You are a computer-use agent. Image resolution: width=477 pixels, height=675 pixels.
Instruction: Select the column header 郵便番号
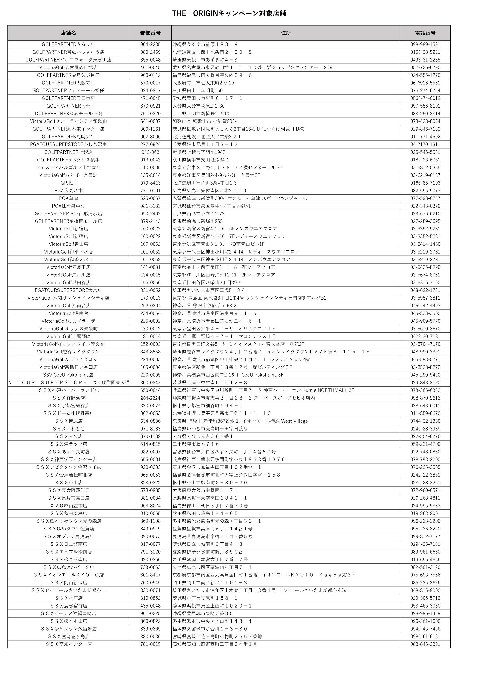(x=150, y=33)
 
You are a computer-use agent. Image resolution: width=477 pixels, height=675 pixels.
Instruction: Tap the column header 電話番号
(x=425, y=33)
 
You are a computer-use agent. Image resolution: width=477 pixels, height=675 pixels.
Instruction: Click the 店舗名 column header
(x=68, y=33)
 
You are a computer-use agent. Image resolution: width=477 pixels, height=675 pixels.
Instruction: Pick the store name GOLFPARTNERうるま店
(x=68, y=44)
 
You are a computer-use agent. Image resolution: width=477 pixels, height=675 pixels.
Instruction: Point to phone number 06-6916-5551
(x=425, y=83)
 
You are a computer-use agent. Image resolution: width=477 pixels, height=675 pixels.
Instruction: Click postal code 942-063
(x=150, y=152)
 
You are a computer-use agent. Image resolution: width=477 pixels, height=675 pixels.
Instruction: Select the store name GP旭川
(x=68, y=183)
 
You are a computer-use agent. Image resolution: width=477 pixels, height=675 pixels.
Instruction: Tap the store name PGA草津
(x=68, y=198)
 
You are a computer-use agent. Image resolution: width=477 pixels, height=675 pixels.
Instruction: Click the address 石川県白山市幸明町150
(x=197, y=91)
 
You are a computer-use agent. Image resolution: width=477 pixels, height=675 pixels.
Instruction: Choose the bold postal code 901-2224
(x=150, y=398)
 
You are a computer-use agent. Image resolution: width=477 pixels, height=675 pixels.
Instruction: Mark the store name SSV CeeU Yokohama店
(x=68, y=375)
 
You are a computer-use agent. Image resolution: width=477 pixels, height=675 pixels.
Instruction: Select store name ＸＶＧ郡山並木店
(x=68, y=506)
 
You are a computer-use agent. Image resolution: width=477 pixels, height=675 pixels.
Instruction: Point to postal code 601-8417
(x=150, y=575)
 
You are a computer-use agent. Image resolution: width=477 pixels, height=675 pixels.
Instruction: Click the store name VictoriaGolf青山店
(x=68, y=244)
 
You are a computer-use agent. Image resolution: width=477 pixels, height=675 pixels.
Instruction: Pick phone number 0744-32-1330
(x=425, y=421)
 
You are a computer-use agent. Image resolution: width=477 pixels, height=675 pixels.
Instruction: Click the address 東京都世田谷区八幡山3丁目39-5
(x=207, y=283)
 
